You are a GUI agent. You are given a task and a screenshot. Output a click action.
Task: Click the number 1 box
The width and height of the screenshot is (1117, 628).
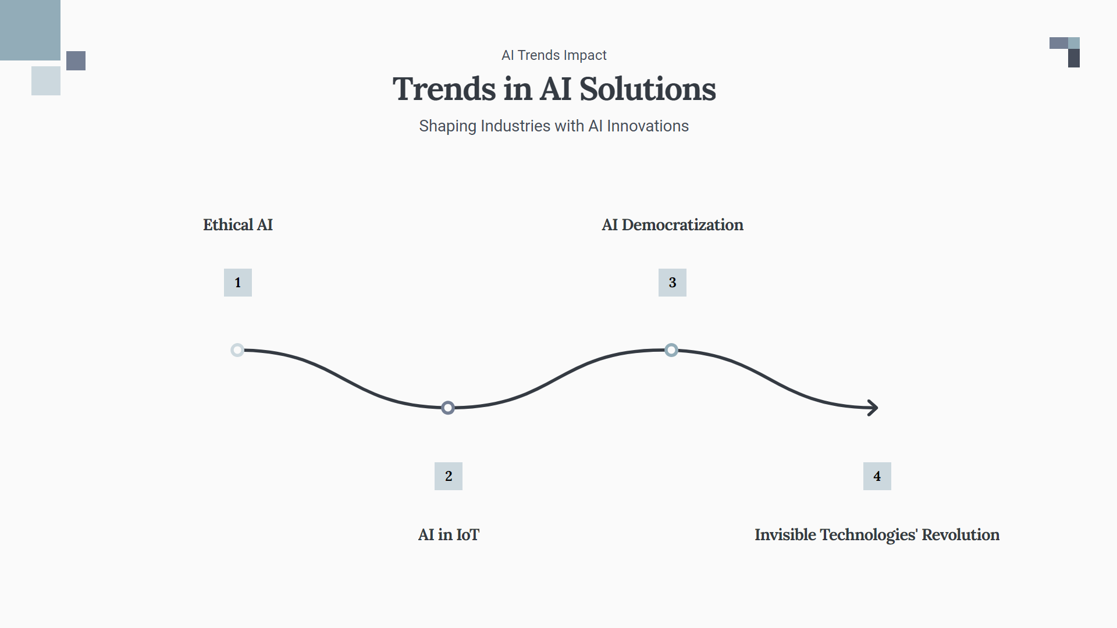238,283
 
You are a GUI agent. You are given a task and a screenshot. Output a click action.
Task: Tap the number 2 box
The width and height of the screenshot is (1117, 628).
449,476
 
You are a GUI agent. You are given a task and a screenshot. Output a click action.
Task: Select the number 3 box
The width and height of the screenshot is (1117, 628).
673,283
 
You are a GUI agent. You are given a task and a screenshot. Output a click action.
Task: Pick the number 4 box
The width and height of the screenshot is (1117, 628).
877,476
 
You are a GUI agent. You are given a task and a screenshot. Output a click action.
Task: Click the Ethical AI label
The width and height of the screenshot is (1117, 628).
238,225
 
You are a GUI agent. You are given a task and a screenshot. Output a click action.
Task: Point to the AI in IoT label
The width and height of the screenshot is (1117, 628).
449,535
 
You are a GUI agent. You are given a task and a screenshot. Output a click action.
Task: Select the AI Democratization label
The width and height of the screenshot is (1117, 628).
673,225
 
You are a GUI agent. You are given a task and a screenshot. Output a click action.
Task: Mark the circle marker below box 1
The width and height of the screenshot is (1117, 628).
237,350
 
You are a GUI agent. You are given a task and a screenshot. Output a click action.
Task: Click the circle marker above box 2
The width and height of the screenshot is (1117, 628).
448,408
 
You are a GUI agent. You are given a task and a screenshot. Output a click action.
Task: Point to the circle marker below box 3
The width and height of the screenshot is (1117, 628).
671,350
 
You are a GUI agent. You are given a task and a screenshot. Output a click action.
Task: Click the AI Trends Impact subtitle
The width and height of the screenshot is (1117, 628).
554,55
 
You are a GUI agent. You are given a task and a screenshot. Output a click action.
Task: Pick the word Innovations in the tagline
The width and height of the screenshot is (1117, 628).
648,126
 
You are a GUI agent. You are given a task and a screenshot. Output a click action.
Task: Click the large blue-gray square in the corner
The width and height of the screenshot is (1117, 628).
30,30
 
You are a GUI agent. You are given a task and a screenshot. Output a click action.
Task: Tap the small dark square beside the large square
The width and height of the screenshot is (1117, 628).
76,60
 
